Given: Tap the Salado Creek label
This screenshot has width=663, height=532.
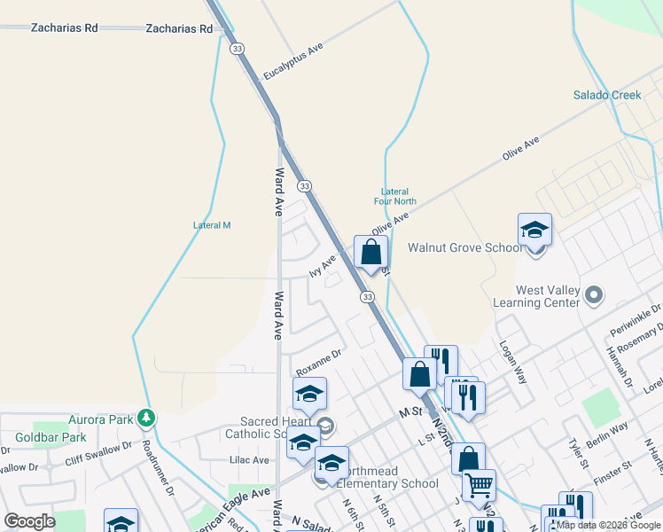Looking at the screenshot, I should (606, 95).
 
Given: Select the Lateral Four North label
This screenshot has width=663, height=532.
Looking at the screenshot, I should (394, 196).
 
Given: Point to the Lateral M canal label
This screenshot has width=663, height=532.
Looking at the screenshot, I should (212, 225).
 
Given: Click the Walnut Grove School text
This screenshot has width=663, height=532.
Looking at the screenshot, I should (464, 247).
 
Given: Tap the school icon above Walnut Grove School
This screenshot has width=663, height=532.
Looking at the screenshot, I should (535, 231).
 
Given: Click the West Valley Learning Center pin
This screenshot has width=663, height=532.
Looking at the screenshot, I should (595, 294).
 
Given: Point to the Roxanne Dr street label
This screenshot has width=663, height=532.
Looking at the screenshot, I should (319, 362).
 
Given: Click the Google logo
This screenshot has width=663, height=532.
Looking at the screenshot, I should (28, 521).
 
